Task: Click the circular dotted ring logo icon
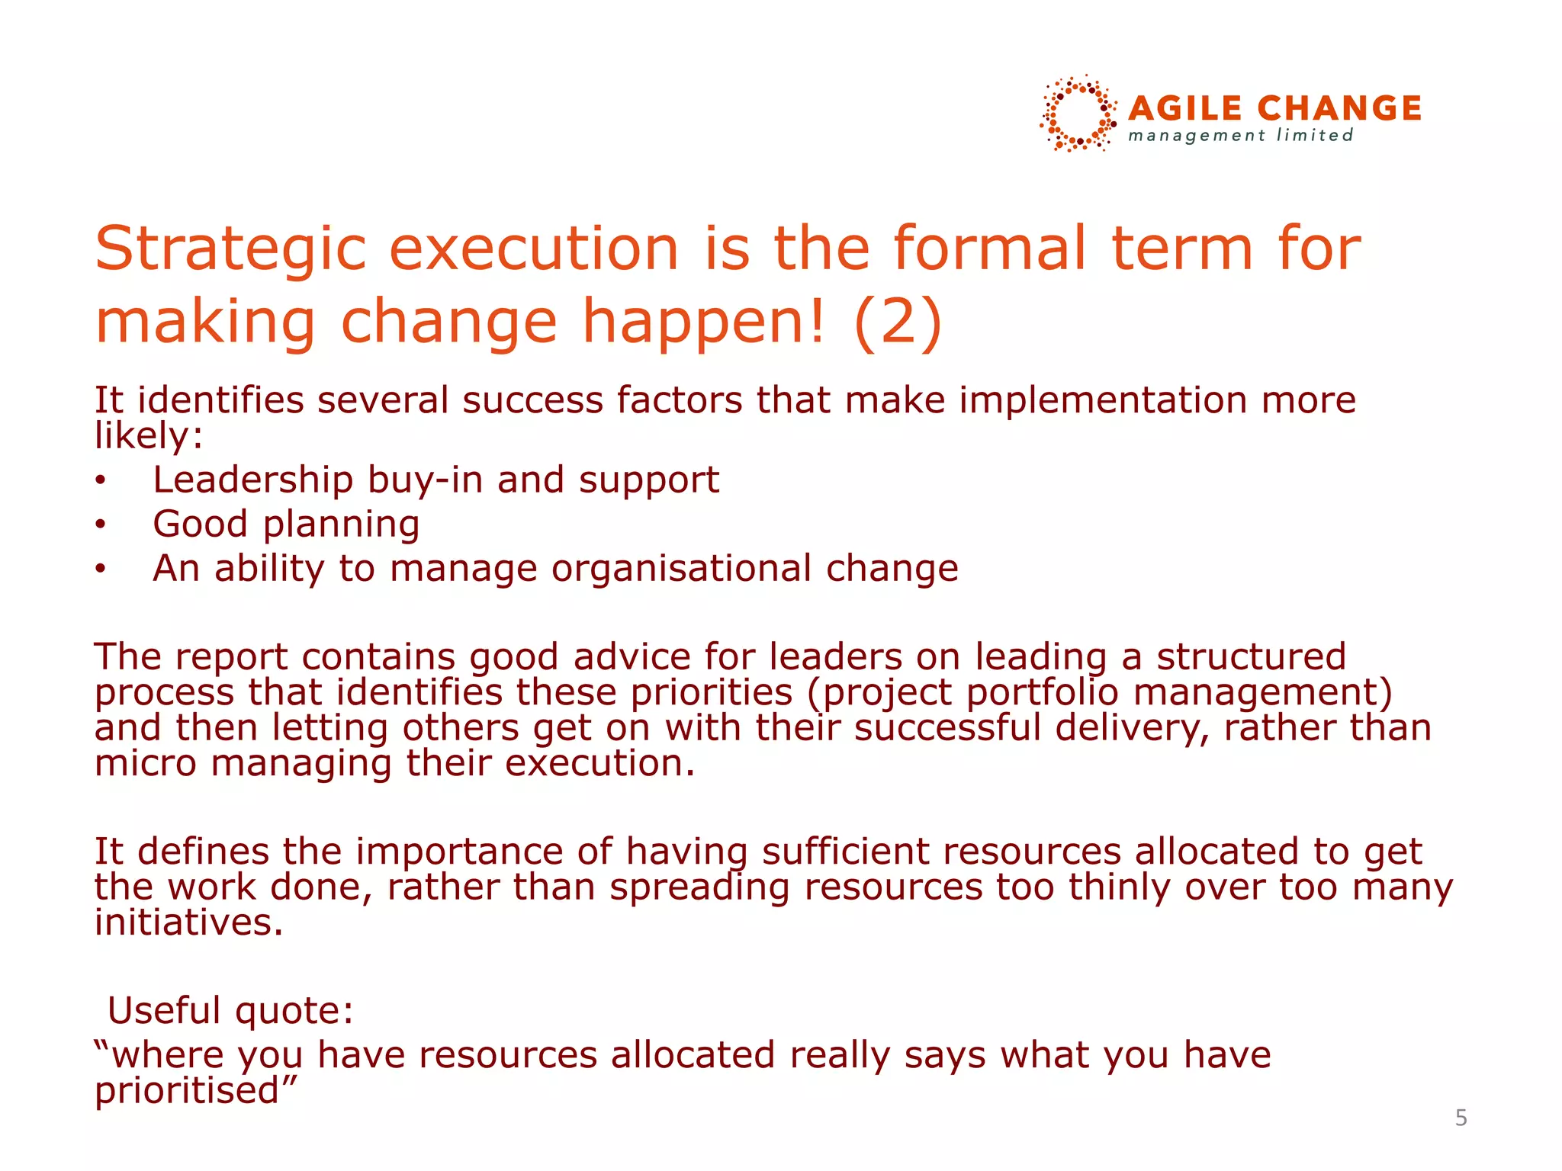pyautogui.click(x=1078, y=114)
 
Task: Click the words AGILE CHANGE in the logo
pyautogui.click(x=1274, y=109)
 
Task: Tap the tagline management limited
pyautogui.click(x=1241, y=136)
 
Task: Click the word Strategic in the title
pyautogui.click(x=230, y=249)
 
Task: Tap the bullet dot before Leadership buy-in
pyautogui.click(x=100, y=480)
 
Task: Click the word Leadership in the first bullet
pyautogui.click(x=252, y=480)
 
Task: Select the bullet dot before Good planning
pyautogui.click(x=100, y=525)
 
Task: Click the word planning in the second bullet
pyautogui.click(x=341, y=525)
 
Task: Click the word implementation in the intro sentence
pyautogui.click(x=1102, y=400)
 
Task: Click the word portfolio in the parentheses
pyautogui.click(x=1042, y=692)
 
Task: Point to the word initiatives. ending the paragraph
pyautogui.click(x=188, y=922)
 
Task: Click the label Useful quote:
pyautogui.click(x=230, y=1011)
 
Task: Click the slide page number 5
pyautogui.click(x=1461, y=1118)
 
